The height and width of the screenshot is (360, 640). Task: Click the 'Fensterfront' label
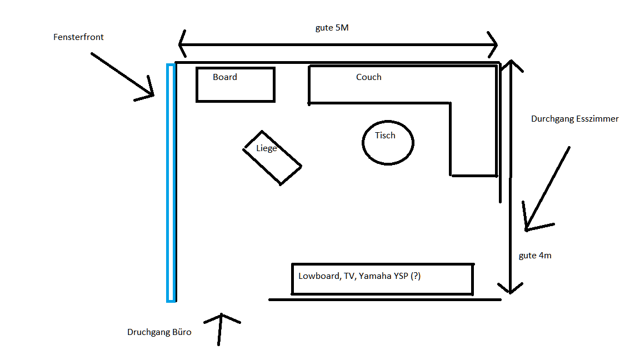coord(78,37)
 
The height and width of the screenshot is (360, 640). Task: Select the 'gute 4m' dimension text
coord(535,256)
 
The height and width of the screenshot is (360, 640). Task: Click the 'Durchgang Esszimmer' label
coord(574,119)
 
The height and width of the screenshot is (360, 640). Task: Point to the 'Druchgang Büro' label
coord(159,332)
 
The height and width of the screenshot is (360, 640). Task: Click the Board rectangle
coord(236,85)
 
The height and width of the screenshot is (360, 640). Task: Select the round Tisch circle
coord(388,142)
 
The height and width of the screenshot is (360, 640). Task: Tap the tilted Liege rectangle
coord(272,158)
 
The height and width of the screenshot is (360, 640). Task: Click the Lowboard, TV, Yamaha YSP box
coord(382,279)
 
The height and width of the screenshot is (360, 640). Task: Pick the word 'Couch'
coord(369,77)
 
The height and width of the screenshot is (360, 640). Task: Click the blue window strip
coord(171,183)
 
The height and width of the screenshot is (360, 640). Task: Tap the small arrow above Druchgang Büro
coord(221,328)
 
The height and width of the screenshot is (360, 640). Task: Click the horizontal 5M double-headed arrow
coord(338,45)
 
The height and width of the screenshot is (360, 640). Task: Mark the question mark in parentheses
coord(415,276)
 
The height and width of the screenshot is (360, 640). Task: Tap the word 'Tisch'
coord(385,135)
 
